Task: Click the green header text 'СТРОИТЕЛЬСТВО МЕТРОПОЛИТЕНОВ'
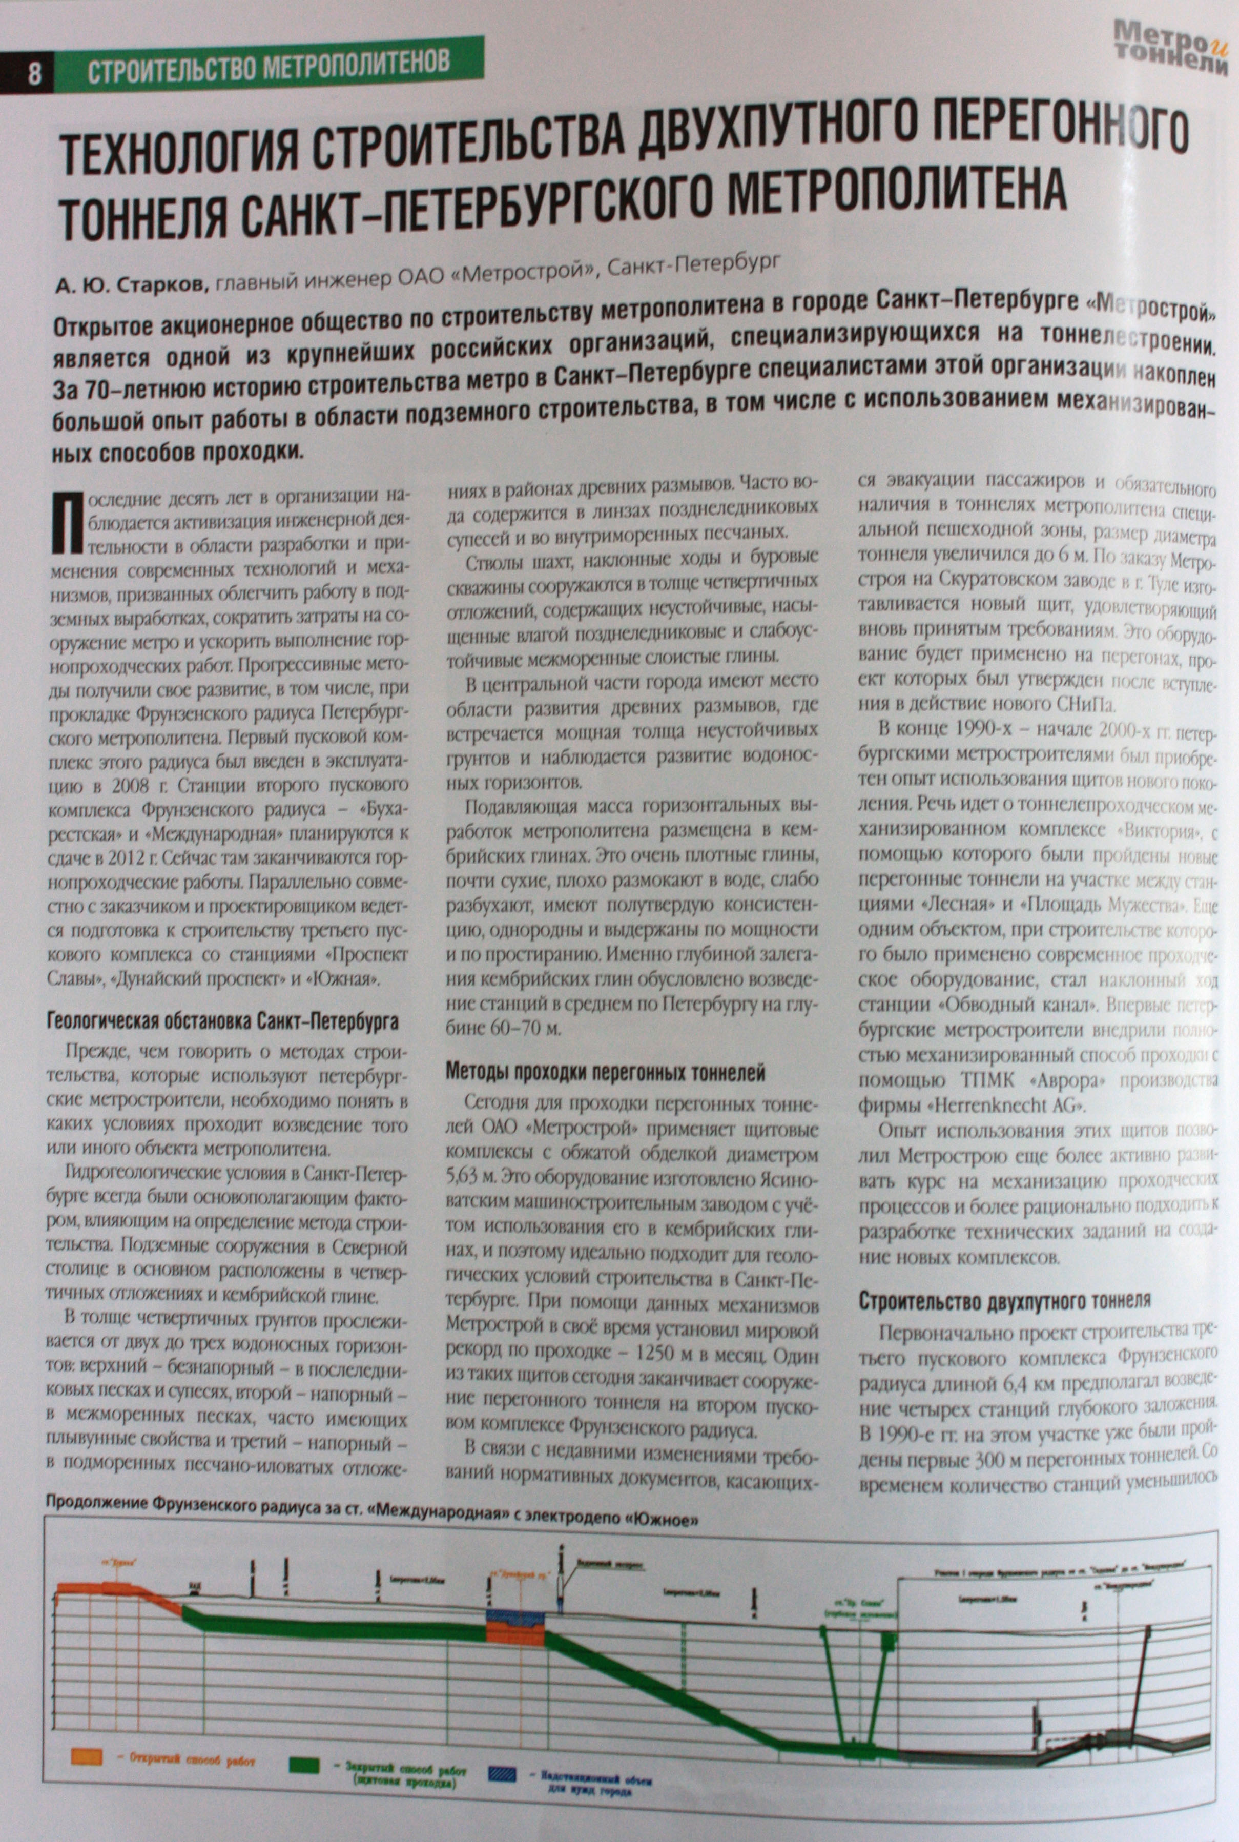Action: (269, 68)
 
